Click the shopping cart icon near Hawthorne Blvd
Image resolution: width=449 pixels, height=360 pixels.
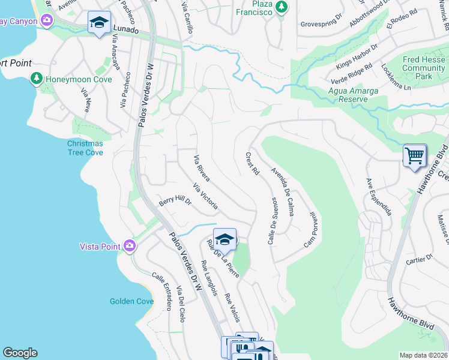(415, 155)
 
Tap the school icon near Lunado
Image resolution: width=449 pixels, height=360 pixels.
(99, 23)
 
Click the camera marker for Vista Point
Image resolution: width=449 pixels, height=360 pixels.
(129, 245)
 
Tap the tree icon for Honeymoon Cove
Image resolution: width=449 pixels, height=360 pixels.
(37, 79)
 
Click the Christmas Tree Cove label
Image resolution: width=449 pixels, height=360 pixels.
(85, 148)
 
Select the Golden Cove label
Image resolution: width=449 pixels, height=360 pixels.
(131, 301)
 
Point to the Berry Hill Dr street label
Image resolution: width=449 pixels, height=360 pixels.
(175, 202)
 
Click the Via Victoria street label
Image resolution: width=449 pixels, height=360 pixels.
(206, 196)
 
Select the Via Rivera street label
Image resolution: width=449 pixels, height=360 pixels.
(201, 168)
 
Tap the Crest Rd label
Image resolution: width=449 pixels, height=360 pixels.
(253, 164)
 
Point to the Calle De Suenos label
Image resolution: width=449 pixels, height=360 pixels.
(271, 220)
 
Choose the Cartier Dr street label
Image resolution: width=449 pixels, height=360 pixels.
(419, 260)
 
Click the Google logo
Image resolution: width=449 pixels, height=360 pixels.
(20, 353)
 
